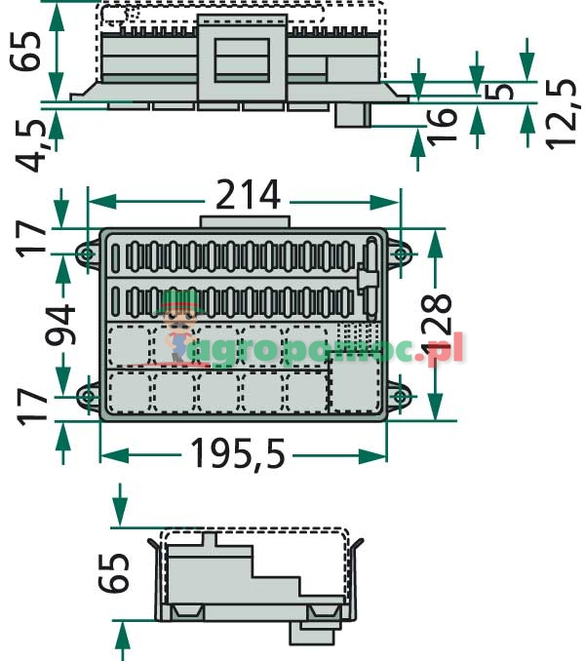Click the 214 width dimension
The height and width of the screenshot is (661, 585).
click(x=248, y=197)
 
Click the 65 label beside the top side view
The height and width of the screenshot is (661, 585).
click(x=28, y=51)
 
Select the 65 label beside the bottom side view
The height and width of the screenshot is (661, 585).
click(x=115, y=574)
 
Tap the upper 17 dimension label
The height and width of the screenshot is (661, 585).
click(x=32, y=238)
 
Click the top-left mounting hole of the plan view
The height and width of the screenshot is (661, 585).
click(x=87, y=253)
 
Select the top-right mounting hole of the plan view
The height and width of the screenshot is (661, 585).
click(x=400, y=253)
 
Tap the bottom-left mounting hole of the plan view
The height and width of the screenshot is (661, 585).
click(x=87, y=396)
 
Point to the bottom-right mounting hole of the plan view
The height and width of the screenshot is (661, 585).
click(x=400, y=396)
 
